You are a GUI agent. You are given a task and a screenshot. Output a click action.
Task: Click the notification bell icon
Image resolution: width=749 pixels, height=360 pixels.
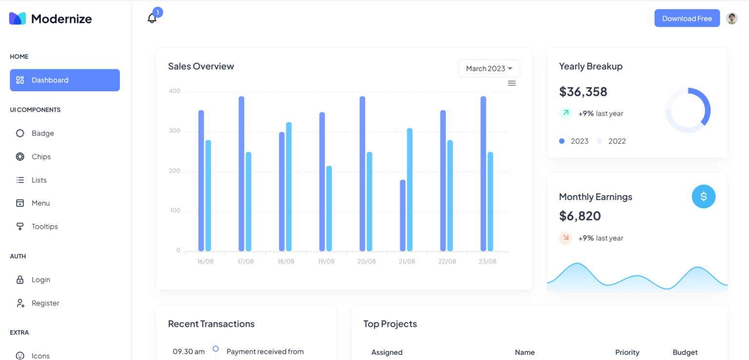(x=152, y=19)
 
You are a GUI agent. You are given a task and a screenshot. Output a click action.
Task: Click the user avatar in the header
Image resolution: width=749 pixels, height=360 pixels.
(x=731, y=19)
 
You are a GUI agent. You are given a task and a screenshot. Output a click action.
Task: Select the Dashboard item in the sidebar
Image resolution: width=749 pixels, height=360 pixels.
(x=65, y=80)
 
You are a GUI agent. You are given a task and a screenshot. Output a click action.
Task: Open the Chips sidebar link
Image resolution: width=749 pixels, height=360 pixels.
(x=41, y=157)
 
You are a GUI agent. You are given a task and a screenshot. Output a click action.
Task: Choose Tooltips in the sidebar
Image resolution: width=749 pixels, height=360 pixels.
(x=44, y=226)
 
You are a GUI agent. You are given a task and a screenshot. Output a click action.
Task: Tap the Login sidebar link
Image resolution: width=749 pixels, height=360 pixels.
(x=40, y=280)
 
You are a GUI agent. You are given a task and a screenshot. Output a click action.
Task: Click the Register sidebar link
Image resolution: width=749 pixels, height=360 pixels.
(x=45, y=303)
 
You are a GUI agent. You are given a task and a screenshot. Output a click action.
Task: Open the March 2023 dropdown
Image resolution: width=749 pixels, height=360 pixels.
(x=489, y=68)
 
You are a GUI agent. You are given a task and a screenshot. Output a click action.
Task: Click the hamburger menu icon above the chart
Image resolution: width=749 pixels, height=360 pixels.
(x=512, y=83)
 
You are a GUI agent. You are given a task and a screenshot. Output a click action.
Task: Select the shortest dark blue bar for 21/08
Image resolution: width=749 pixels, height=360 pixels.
(x=403, y=216)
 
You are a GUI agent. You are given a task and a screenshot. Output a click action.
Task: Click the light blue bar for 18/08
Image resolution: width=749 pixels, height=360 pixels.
(x=289, y=187)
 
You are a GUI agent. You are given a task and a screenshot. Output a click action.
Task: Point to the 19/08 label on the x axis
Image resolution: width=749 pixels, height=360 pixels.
(x=326, y=261)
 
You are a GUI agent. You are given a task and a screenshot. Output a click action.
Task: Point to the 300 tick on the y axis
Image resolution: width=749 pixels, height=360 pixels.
(x=175, y=131)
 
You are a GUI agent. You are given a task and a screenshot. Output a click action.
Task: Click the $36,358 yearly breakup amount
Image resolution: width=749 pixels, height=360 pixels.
(x=583, y=92)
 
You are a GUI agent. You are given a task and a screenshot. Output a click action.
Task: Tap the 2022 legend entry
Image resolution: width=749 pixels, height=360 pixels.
(x=616, y=141)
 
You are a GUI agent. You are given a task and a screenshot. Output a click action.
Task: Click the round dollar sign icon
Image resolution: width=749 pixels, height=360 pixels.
(x=703, y=197)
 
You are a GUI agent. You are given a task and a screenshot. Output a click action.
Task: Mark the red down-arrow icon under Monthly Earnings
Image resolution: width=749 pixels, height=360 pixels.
(x=566, y=238)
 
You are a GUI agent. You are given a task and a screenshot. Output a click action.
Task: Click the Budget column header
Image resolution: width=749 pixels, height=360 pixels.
(x=685, y=352)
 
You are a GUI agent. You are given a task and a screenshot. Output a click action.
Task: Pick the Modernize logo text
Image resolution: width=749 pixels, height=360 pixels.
(x=61, y=19)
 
